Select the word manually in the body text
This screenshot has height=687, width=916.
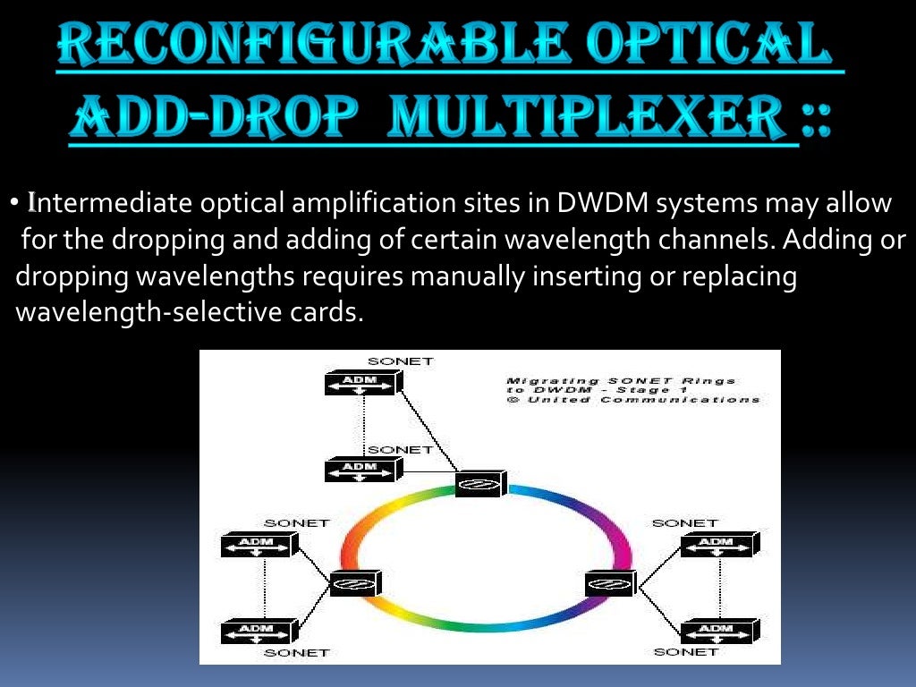[x=466, y=277]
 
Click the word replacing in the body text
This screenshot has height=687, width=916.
[x=739, y=277]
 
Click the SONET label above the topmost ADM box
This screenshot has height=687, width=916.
[x=400, y=361]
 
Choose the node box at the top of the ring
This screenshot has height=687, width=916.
[x=479, y=484]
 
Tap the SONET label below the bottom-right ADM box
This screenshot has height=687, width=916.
[x=686, y=652]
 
